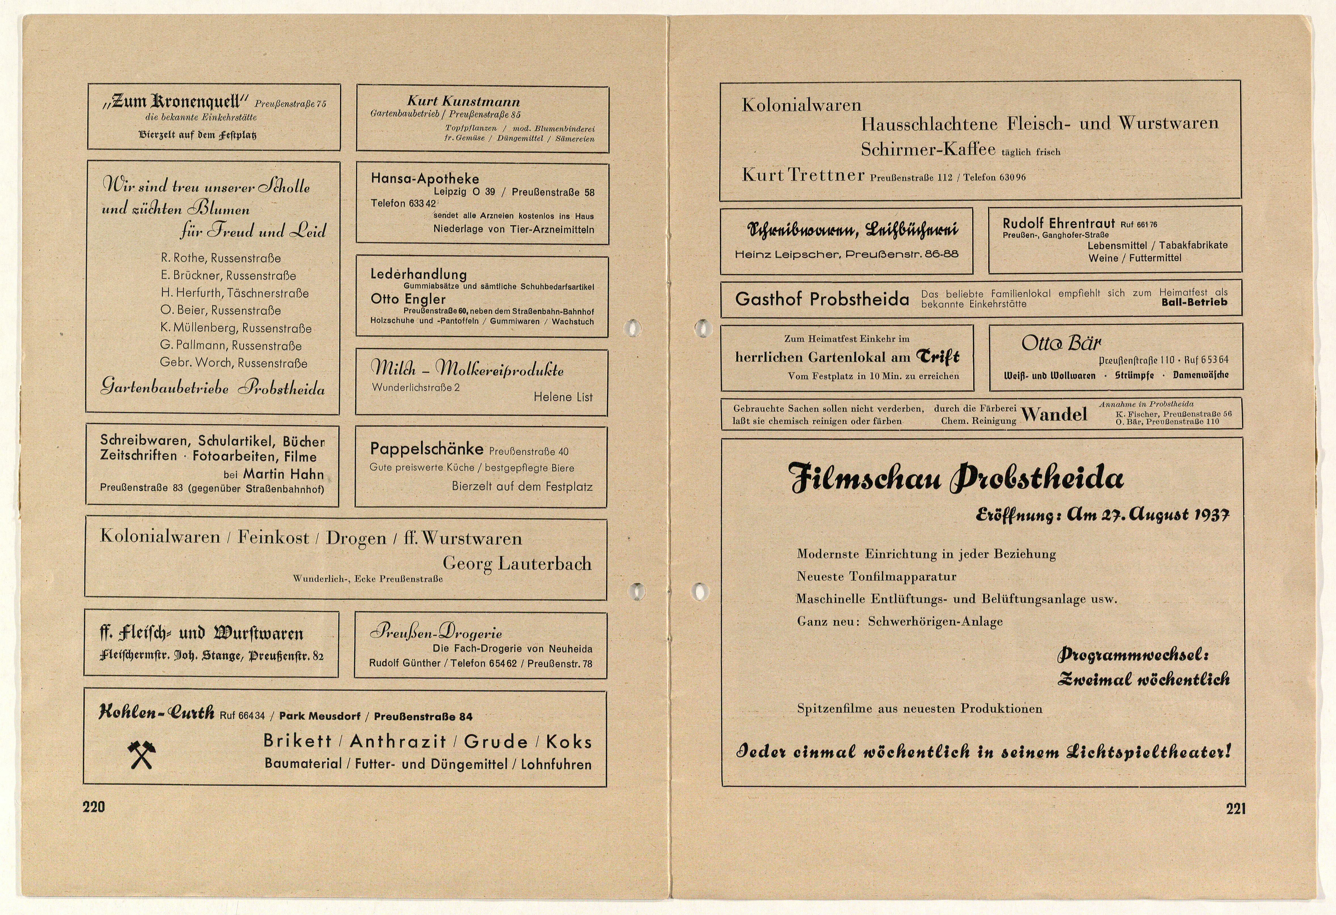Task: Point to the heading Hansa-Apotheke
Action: point(425,179)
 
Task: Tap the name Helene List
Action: point(563,397)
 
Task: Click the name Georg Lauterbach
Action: point(517,564)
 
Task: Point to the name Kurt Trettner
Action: point(803,175)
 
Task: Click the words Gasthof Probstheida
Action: point(822,299)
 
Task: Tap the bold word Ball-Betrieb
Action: point(1194,303)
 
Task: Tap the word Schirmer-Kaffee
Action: point(928,149)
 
